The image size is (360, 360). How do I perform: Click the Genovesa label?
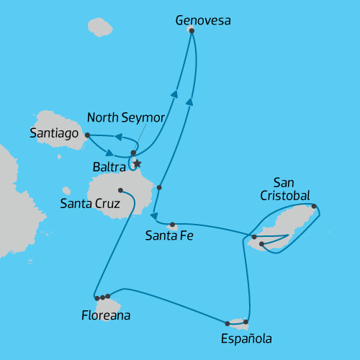(204, 21)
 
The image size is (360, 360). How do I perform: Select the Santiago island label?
(53, 132)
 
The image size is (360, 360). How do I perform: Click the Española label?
(247, 338)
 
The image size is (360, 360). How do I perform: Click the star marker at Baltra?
(138, 164)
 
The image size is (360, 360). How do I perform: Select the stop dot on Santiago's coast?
(87, 135)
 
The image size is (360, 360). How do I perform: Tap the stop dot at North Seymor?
(134, 153)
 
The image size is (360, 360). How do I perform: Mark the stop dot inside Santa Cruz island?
(120, 190)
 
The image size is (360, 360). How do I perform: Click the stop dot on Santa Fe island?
(173, 224)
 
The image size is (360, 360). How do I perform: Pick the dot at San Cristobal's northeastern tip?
(314, 206)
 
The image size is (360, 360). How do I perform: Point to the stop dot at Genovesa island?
(192, 30)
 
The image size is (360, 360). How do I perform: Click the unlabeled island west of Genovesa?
(101, 27)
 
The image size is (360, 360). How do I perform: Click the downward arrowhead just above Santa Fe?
(154, 215)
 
